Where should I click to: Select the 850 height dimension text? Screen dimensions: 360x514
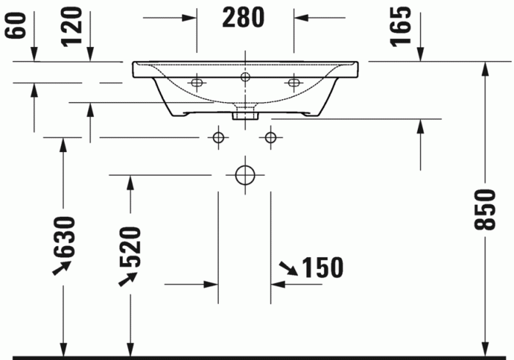(x=482, y=210)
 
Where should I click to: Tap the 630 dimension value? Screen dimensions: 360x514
(x=64, y=237)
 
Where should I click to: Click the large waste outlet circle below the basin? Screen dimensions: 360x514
(x=245, y=175)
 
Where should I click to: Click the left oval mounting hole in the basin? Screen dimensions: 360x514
(x=196, y=83)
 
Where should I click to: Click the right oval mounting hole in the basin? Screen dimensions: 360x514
(x=294, y=83)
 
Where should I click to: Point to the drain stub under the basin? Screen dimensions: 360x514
(x=245, y=114)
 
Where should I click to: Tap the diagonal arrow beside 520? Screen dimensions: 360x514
(x=127, y=278)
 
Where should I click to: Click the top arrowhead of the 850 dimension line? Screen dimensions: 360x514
(x=484, y=68)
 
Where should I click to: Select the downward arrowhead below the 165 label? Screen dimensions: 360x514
(x=420, y=56)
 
